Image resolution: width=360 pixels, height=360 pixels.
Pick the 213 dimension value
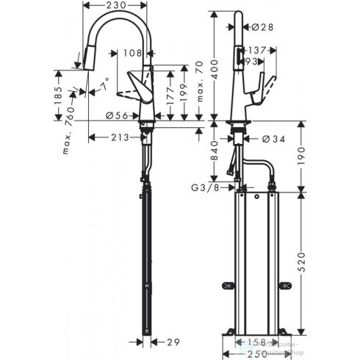pos(120,137)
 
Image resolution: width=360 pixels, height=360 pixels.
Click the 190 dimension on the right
pos(304,155)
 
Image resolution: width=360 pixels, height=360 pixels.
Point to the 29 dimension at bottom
pos(173,342)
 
